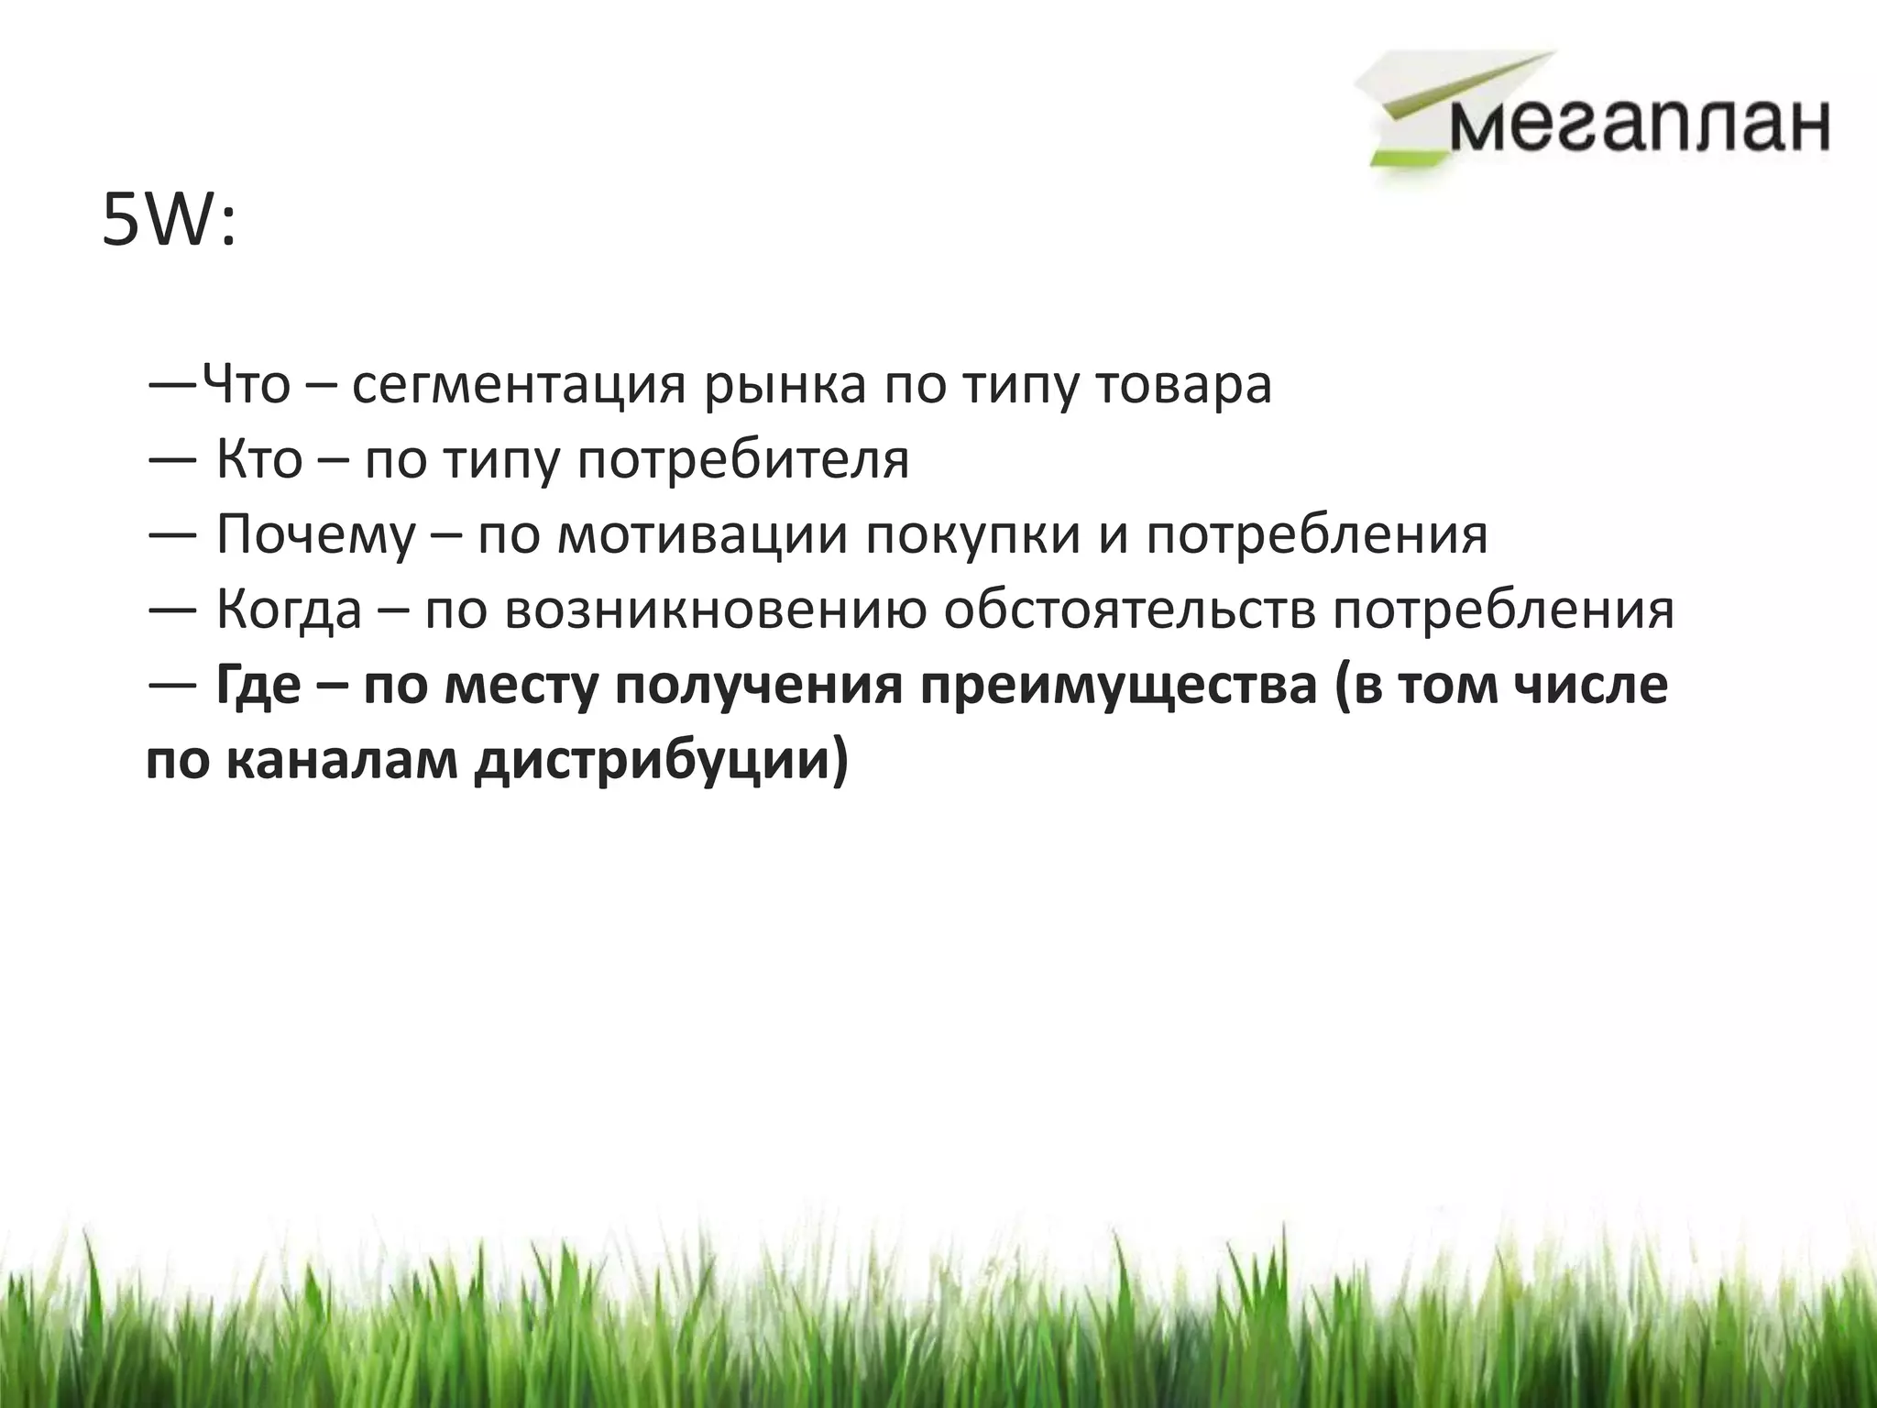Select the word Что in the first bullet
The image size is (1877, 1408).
click(x=246, y=384)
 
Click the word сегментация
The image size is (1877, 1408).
click(x=519, y=386)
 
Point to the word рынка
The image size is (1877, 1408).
click(x=785, y=386)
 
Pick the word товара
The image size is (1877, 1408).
click(x=1184, y=386)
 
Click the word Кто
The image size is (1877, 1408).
click(x=259, y=459)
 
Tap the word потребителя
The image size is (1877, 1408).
click(x=743, y=461)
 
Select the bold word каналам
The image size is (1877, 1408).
click(x=341, y=762)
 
